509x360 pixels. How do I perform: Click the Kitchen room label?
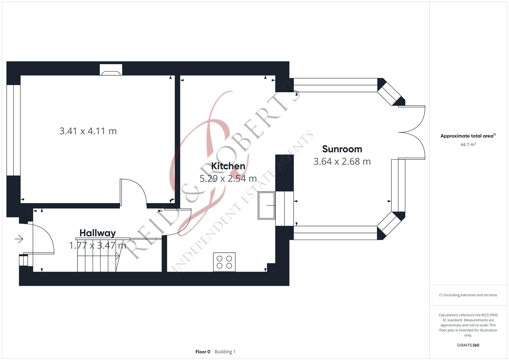(x=228, y=166)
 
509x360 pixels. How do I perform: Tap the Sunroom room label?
(x=342, y=149)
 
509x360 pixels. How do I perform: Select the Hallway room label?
(x=97, y=233)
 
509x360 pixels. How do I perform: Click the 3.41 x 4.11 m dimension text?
(x=88, y=131)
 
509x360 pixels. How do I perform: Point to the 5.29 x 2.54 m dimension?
(x=228, y=179)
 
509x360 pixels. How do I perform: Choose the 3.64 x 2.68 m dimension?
(x=342, y=162)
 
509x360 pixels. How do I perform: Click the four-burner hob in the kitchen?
(x=224, y=262)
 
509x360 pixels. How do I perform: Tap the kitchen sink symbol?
(x=266, y=206)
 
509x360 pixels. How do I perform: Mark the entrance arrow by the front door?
(x=19, y=239)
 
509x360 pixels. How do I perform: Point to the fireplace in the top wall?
(x=111, y=70)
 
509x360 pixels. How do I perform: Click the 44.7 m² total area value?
(x=468, y=145)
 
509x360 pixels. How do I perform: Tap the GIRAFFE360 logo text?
(x=468, y=345)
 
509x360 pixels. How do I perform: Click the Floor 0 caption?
(x=203, y=352)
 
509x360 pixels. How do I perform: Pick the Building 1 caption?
(x=225, y=352)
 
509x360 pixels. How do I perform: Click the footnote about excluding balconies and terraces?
(x=468, y=295)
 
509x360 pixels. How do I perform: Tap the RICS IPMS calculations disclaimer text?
(x=468, y=325)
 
